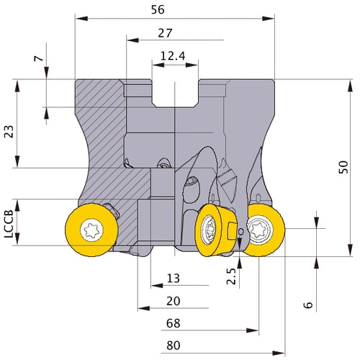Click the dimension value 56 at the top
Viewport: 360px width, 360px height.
click(158, 9)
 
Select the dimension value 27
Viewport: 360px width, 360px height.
click(165, 33)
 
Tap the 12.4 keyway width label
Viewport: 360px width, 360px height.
click(173, 56)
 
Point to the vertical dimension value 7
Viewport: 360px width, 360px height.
click(39, 58)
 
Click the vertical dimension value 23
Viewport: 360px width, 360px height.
click(9, 131)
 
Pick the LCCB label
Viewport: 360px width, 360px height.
click(9, 224)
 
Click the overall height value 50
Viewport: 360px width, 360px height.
click(343, 167)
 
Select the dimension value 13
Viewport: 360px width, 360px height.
click(174, 279)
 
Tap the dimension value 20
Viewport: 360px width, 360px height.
click(174, 301)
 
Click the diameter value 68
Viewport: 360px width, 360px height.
click(174, 323)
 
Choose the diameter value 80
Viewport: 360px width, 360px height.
click(174, 346)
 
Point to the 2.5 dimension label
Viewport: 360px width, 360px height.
click(231, 276)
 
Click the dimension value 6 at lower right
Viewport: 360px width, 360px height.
click(308, 305)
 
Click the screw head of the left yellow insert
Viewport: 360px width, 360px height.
click(91, 230)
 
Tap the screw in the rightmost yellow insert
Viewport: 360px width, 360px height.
click(260, 230)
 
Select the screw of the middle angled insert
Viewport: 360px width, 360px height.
click(208, 230)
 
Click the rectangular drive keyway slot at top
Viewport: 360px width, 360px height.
click(175, 93)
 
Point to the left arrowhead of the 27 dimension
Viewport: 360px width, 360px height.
click(132, 40)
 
